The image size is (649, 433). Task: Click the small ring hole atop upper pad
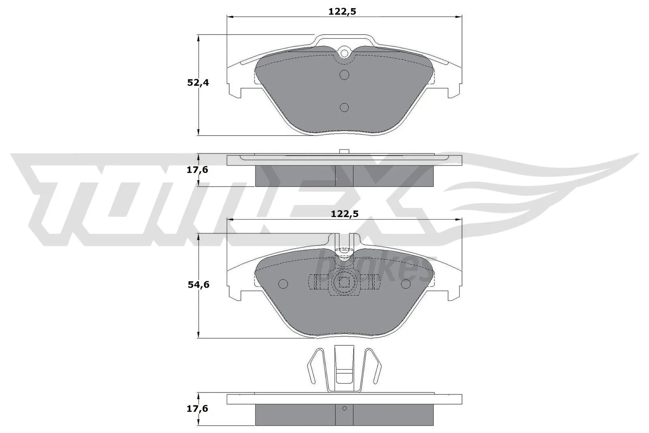coord(344,53)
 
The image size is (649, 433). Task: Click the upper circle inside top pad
coord(344,75)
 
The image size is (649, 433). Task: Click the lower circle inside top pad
coord(344,107)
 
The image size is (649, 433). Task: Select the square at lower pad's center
coord(344,282)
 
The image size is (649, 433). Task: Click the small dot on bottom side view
coord(344,408)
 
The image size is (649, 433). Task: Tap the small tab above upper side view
coord(344,152)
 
